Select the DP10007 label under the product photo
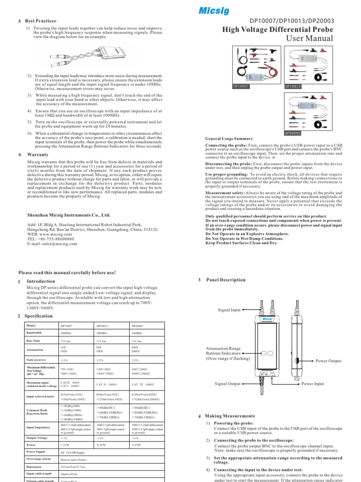pyautogui.click(x=241, y=87)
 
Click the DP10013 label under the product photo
pyautogui.click(x=293, y=87)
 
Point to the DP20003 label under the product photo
pyautogui.click(x=293, y=133)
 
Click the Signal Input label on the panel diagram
pyautogui.click(x=229, y=310)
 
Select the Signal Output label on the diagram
pyautogui.click(x=228, y=384)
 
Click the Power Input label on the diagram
pyautogui.click(x=313, y=384)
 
